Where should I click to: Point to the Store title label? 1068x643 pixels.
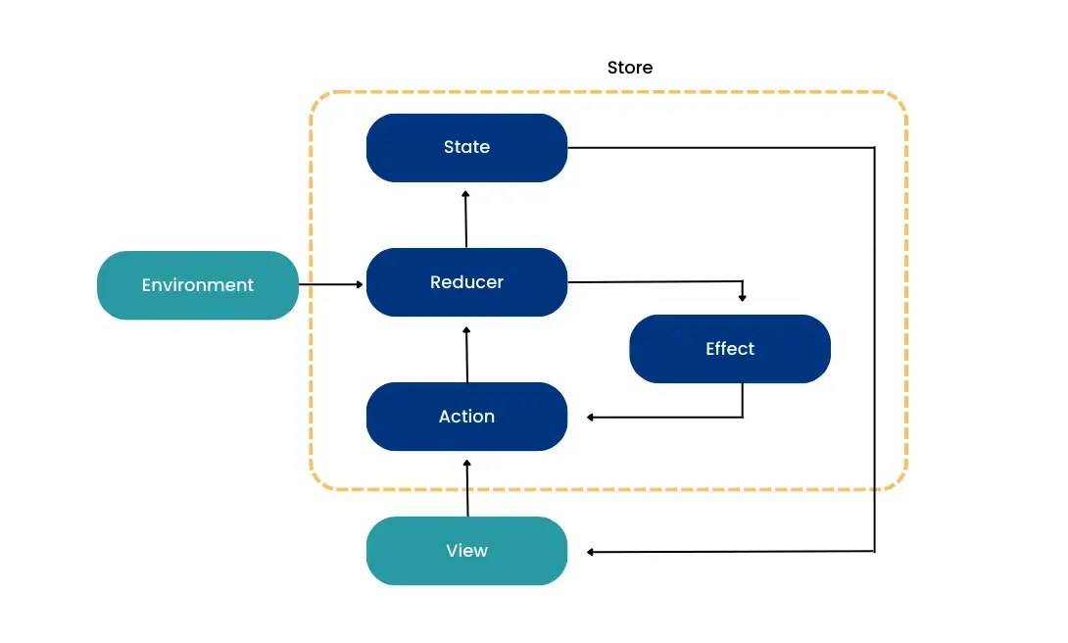[x=630, y=68]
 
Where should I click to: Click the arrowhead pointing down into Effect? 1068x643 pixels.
[x=743, y=297]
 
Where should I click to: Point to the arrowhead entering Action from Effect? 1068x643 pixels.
[x=592, y=418]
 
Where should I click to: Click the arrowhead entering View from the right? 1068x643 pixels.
[x=592, y=553]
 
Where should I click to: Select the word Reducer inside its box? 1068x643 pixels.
[x=466, y=282]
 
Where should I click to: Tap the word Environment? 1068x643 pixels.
[x=197, y=285]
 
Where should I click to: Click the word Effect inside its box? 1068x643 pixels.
[x=730, y=349]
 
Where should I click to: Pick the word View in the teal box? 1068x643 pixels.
[x=466, y=551]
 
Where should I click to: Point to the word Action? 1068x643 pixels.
[x=466, y=417]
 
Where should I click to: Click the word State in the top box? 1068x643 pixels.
[x=466, y=147]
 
